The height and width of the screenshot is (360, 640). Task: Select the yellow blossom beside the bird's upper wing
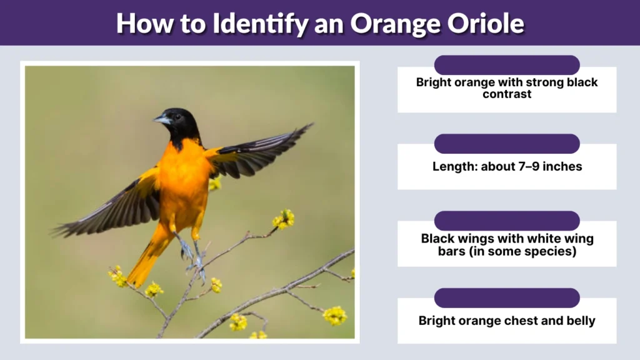214,184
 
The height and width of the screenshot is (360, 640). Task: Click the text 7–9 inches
550,167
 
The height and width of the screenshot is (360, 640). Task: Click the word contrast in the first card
507,94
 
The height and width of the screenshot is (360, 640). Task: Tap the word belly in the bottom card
579,321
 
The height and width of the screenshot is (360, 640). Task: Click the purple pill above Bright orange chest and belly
507,297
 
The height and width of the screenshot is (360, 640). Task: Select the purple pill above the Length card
507,143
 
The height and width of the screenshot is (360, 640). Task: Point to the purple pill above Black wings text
507,221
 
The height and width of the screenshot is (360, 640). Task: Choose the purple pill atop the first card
507,65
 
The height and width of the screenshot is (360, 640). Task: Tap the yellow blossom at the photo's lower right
335,316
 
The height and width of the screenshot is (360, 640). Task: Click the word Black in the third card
437,238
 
